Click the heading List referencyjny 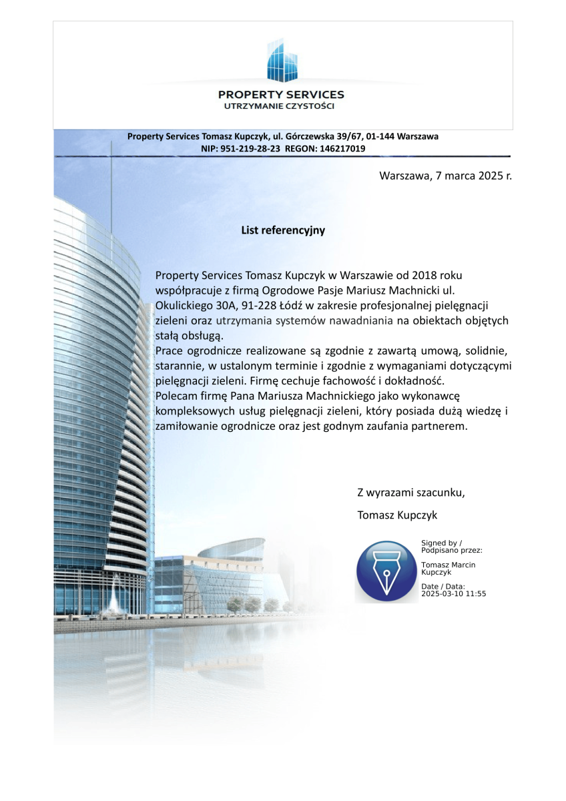pos(283,230)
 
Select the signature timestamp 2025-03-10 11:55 pos(453,593)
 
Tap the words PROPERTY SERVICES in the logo pos(281,95)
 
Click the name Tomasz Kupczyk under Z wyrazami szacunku pos(397,515)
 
